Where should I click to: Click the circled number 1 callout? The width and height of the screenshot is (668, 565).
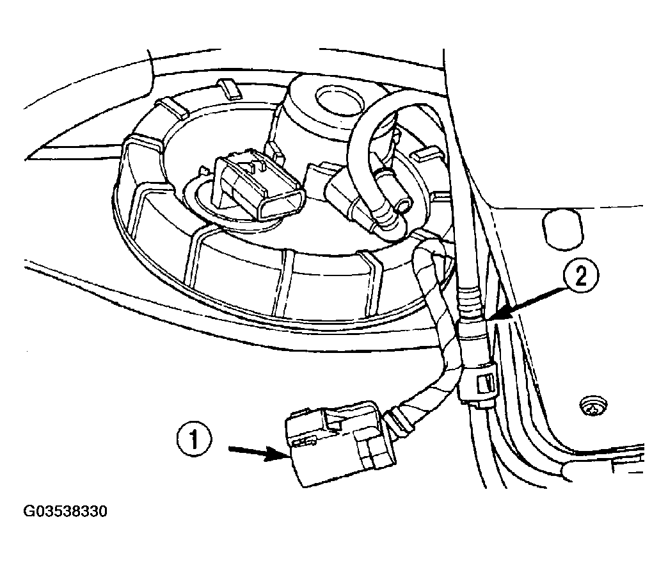click(195, 440)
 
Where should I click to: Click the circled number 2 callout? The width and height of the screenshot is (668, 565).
click(581, 278)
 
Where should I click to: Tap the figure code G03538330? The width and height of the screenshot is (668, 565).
click(65, 511)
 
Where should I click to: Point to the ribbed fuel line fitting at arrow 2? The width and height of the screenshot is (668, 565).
click(471, 307)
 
